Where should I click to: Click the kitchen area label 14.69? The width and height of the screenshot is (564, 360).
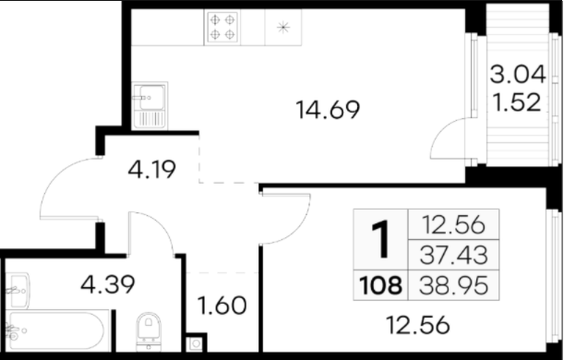328,110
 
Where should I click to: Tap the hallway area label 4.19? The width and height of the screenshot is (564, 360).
151,170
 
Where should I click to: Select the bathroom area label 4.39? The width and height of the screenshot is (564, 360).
108,284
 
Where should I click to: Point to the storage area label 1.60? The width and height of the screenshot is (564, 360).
222,306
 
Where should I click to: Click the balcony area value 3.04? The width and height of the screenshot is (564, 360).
518,75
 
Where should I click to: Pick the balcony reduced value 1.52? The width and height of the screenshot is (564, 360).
517,102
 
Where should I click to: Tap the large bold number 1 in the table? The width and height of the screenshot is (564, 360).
381,239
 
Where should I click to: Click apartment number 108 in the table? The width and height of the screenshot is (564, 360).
380,285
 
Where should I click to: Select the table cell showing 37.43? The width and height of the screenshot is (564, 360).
453,255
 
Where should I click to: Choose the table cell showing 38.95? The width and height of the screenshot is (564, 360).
453,285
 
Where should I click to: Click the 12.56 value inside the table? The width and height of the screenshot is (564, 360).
453,225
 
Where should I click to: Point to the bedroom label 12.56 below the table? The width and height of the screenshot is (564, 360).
417,325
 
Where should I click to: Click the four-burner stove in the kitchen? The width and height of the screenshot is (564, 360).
222,27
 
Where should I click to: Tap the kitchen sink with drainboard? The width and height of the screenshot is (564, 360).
150,105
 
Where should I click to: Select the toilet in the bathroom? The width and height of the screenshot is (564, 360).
149,331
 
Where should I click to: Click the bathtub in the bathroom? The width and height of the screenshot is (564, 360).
57,330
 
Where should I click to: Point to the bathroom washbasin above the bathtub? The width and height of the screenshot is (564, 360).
17,291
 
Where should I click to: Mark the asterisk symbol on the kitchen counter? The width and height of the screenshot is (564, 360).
283,28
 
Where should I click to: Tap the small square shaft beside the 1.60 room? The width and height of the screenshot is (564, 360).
196,343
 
